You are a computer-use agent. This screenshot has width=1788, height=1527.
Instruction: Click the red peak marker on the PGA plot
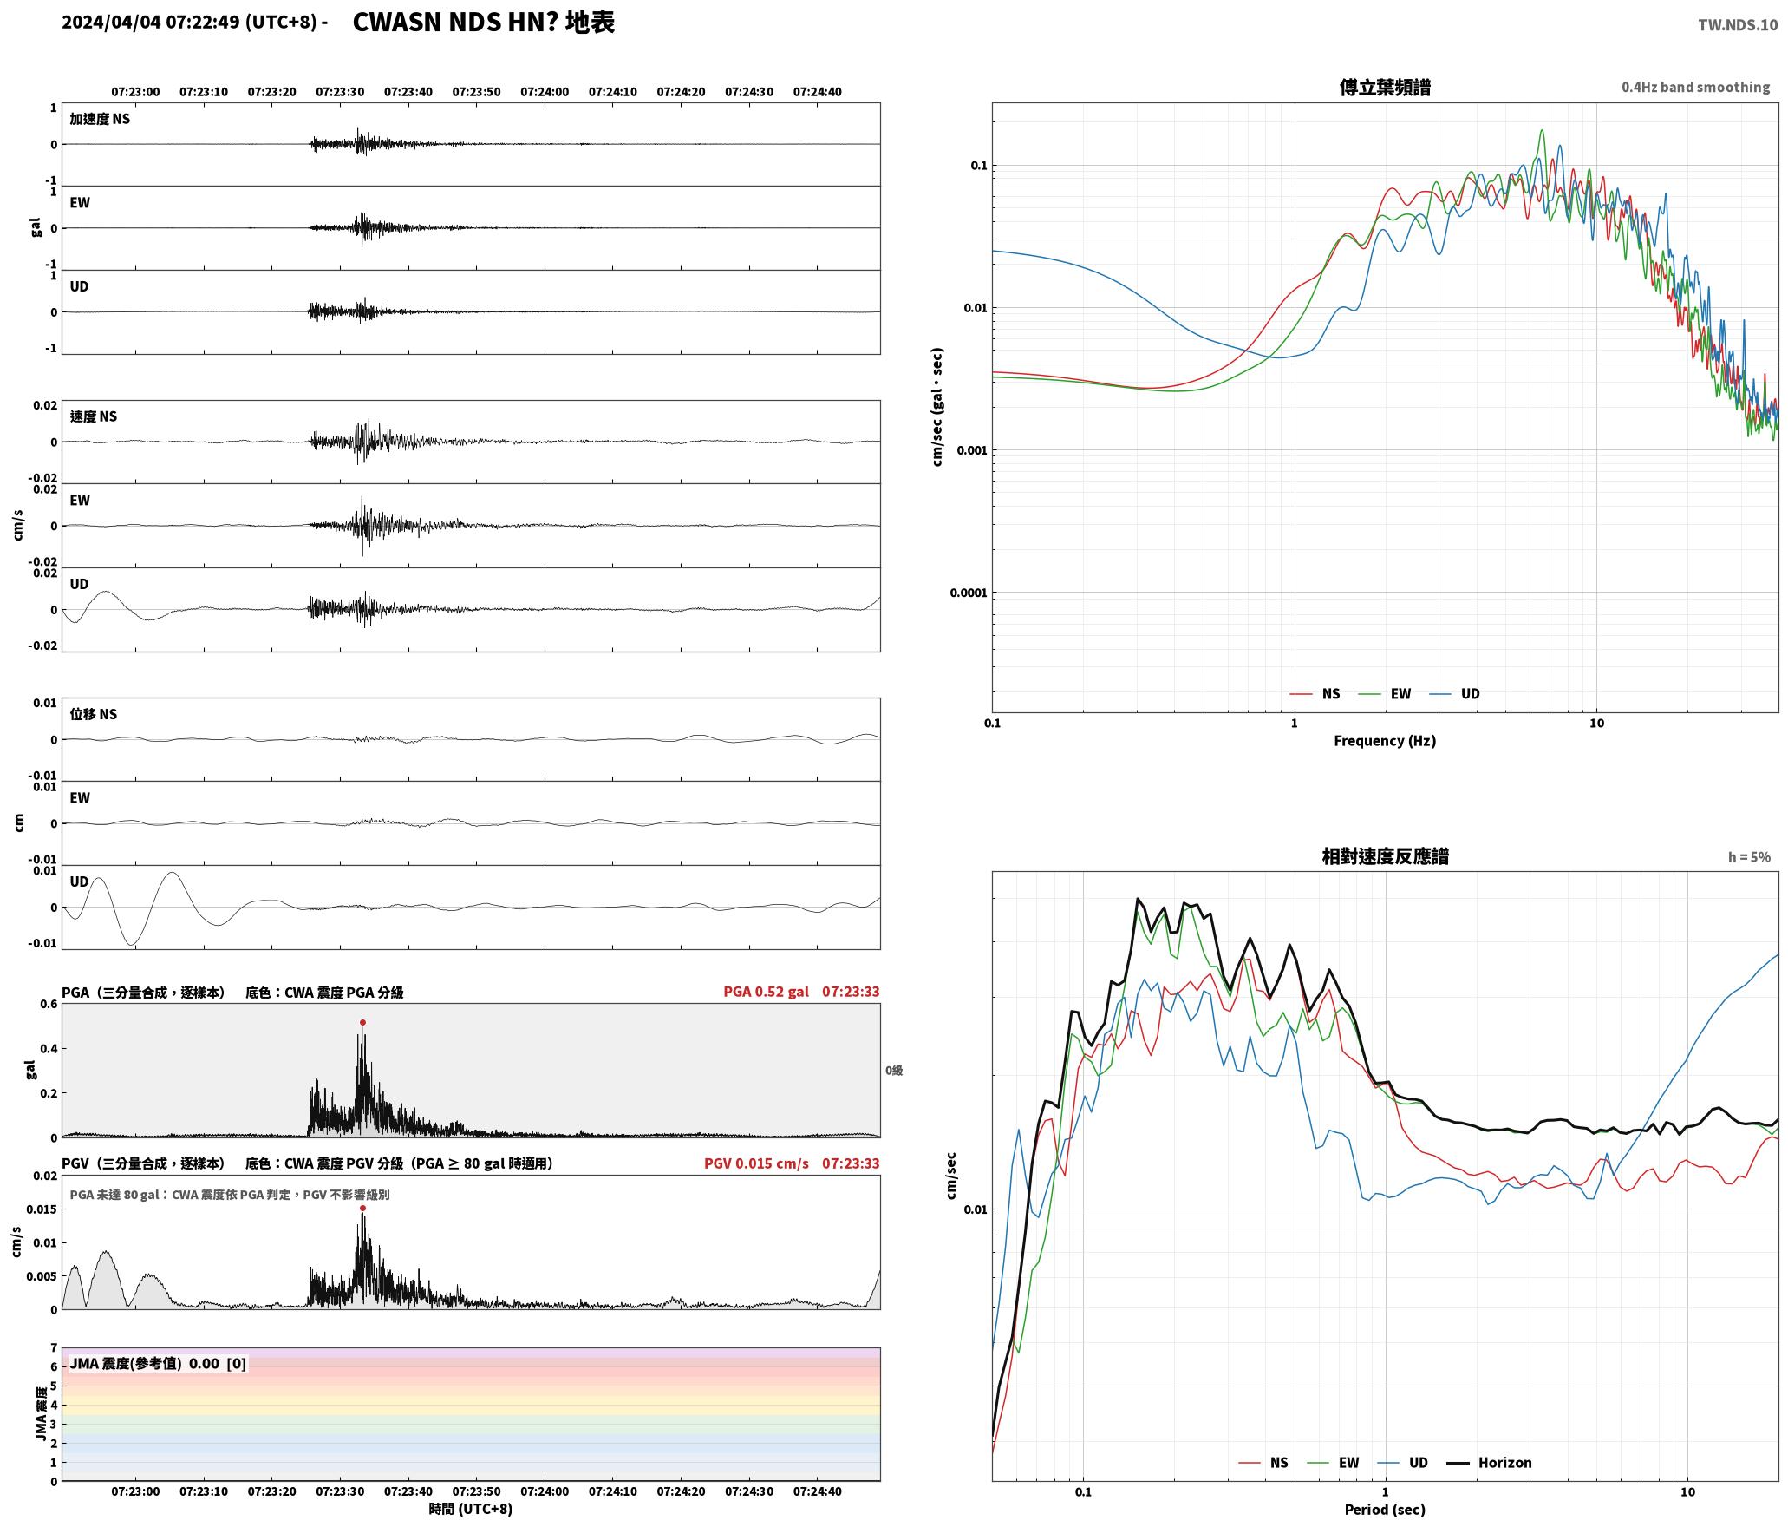(362, 1022)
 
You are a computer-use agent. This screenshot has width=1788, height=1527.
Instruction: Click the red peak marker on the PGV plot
(362, 1208)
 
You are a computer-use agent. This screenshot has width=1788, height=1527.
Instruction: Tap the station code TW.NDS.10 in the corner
(1737, 25)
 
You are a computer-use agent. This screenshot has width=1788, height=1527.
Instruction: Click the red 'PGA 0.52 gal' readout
(766, 992)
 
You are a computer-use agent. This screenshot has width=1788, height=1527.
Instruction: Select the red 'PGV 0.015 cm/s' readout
(756, 1163)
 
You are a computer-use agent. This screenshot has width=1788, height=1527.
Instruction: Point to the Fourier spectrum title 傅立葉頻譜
(1385, 88)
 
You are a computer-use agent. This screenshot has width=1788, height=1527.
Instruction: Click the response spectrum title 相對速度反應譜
(1385, 856)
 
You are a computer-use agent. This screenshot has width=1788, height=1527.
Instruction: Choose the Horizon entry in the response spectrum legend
(1490, 1463)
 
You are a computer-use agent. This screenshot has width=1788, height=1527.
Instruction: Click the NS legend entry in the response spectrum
(1263, 1463)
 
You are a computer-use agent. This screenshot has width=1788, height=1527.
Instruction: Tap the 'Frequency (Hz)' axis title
(1385, 741)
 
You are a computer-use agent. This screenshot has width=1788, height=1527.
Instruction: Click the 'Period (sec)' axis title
(1385, 1510)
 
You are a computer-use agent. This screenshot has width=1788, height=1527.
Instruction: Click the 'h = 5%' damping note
(1749, 857)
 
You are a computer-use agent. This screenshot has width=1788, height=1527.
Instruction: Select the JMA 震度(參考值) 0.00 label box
(158, 1364)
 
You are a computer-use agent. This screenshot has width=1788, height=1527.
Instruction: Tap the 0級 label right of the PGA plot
(894, 1071)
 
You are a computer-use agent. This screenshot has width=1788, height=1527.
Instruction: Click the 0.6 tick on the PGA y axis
(49, 1005)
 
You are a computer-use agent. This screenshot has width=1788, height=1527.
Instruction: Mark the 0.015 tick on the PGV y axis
(43, 1209)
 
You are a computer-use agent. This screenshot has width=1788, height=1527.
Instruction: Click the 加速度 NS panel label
(100, 119)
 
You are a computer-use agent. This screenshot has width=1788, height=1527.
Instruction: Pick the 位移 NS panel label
(93, 714)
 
